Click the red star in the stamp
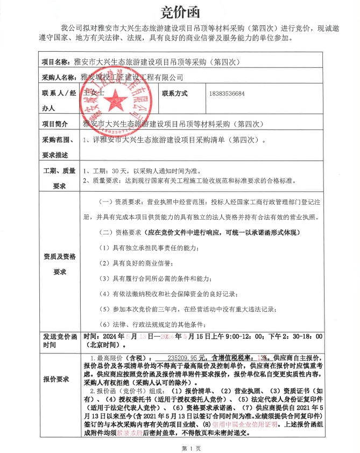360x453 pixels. pos(114,96)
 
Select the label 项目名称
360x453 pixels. pos(56,62)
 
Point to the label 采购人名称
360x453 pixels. pos(59,78)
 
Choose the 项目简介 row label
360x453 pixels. pos(59,124)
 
